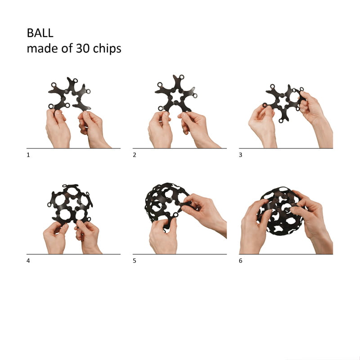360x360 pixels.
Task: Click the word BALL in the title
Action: tap(40, 33)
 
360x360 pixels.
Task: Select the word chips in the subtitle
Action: tap(107, 49)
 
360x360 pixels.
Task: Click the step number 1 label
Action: tap(28, 155)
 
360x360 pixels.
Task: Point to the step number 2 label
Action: tap(134, 155)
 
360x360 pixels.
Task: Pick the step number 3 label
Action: tap(240, 155)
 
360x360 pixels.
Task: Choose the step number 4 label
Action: tap(28, 261)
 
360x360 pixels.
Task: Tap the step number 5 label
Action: tap(134, 261)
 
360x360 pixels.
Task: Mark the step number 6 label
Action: tap(240, 261)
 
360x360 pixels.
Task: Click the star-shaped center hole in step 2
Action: tap(176, 96)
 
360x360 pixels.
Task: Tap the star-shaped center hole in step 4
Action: tap(73, 203)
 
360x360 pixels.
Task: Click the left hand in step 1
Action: tap(58, 129)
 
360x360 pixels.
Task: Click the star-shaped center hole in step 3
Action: tap(282, 102)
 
